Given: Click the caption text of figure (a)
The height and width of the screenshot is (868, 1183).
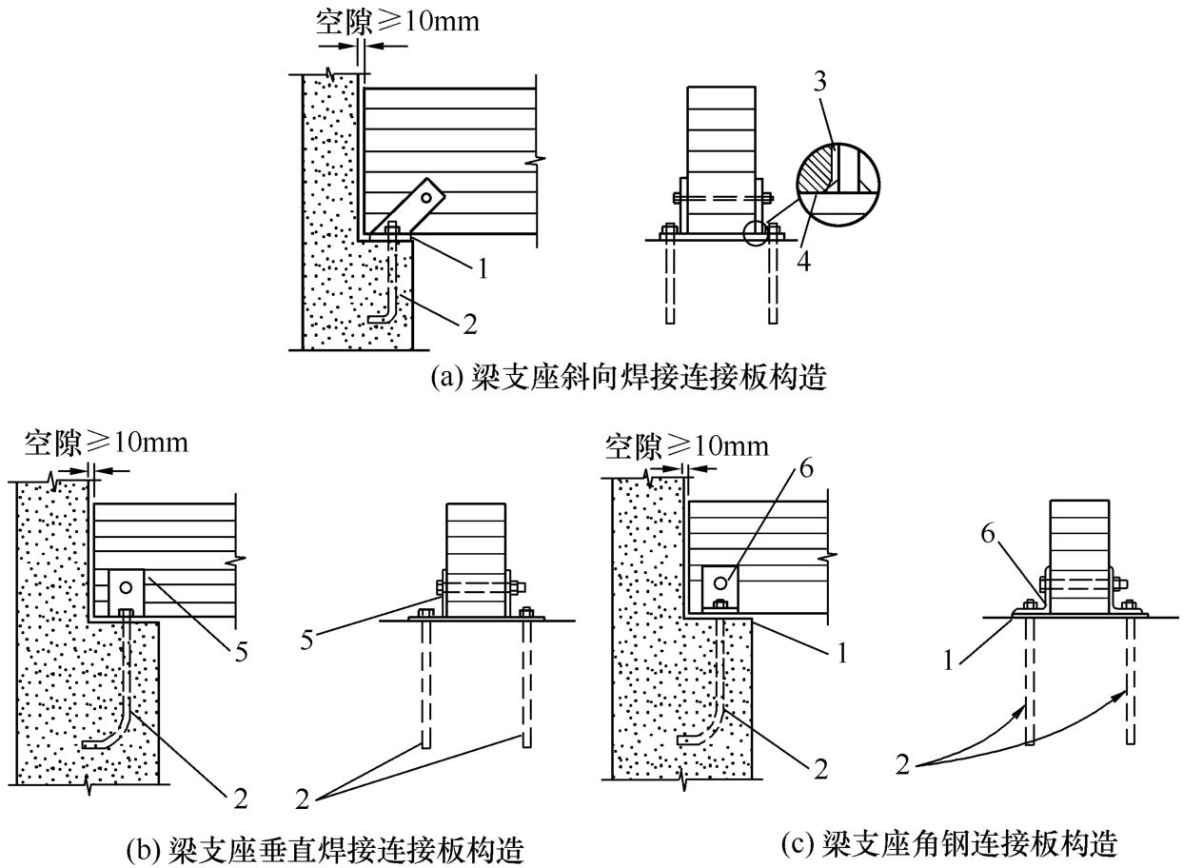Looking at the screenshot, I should coord(628,378).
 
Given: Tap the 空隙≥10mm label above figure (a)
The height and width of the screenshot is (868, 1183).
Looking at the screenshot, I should coord(397,22).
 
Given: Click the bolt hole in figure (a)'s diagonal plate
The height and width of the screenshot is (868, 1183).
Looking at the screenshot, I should coord(427,198).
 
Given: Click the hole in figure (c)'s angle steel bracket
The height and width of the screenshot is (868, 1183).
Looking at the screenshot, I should coord(721,582).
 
